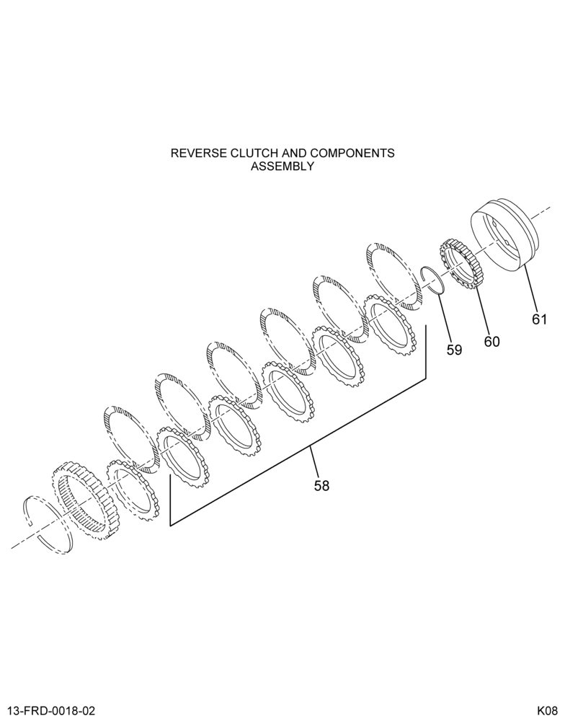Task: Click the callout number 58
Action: tap(322, 485)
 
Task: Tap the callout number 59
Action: tap(454, 350)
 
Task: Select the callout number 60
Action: tap(491, 342)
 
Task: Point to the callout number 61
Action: tap(539, 319)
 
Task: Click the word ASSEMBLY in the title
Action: tap(282, 167)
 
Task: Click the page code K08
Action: tap(547, 711)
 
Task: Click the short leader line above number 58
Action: tap(314, 461)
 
